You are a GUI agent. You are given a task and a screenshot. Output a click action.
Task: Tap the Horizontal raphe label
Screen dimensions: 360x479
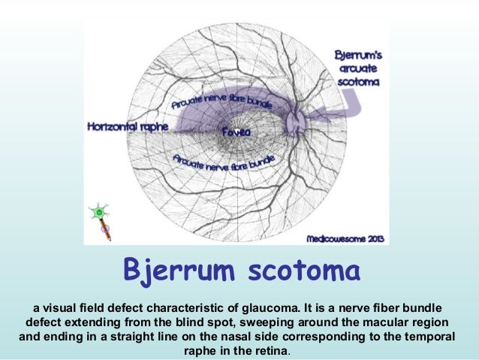(128, 126)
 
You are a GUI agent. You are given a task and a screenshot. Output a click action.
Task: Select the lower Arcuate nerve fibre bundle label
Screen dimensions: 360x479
(223, 160)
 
